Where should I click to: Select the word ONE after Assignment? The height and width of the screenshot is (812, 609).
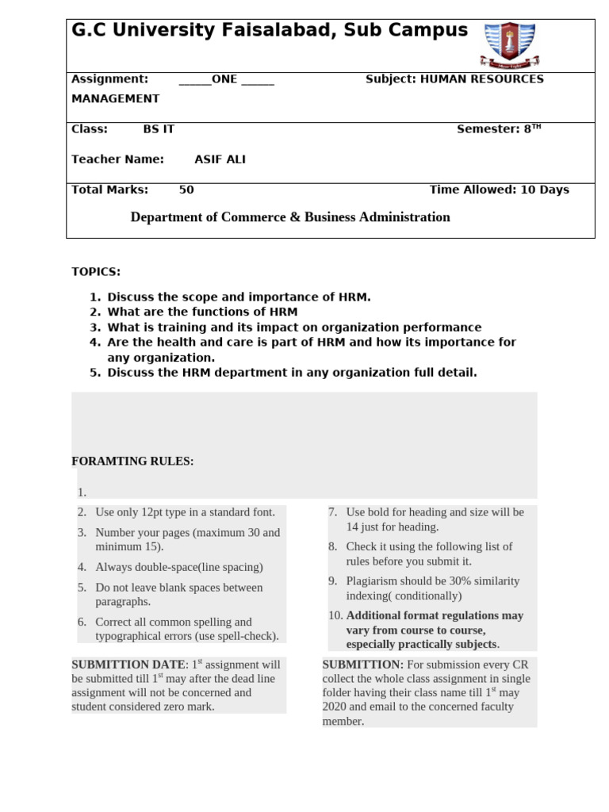tap(224, 79)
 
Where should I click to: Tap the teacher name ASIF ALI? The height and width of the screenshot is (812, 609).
tap(220, 159)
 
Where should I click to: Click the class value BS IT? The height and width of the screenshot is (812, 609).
tap(159, 129)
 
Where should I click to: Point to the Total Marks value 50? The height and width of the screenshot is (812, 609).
tap(186, 190)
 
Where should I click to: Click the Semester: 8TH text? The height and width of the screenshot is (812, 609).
tap(499, 129)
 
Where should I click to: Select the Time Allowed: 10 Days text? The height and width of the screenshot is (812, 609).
tap(499, 190)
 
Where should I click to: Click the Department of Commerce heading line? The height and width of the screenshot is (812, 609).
tap(290, 217)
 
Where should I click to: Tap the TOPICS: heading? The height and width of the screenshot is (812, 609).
tap(96, 272)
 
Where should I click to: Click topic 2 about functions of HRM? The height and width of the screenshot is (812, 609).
tap(202, 312)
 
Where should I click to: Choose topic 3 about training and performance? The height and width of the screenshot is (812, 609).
tap(294, 327)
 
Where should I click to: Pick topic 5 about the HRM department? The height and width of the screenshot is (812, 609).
tap(292, 373)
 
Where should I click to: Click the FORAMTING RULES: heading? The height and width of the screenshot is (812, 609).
tap(132, 462)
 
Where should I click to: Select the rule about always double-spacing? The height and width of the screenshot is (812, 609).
tap(178, 568)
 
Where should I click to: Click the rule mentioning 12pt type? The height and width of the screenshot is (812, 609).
tap(185, 512)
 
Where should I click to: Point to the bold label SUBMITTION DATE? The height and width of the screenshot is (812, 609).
tap(128, 665)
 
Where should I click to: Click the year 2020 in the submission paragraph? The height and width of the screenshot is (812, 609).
tap(337, 707)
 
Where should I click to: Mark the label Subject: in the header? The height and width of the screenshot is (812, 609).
tap(390, 79)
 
